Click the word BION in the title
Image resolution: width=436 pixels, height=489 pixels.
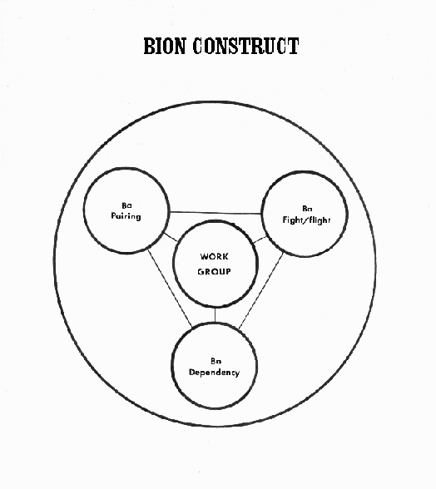click(x=165, y=46)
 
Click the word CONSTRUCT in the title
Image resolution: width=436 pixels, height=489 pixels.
click(x=245, y=46)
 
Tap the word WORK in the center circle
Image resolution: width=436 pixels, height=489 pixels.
click(x=214, y=257)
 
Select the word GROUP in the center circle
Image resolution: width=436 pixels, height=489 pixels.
click(x=214, y=272)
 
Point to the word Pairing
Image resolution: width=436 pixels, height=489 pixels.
click(x=126, y=216)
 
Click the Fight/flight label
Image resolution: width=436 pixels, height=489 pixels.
click(x=306, y=220)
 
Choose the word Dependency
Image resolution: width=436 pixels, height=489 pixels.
click(x=214, y=373)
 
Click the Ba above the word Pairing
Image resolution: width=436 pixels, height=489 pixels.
click(x=126, y=205)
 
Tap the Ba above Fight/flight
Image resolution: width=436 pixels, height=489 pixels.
click(x=307, y=208)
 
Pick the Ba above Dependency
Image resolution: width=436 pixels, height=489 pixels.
click(x=216, y=361)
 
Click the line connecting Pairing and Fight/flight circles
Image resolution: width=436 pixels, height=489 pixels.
click(x=216, y=213)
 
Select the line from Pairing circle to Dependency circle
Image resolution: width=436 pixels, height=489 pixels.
click(x=170, y=288)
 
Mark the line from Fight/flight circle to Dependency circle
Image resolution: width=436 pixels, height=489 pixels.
click(x=261, y=291)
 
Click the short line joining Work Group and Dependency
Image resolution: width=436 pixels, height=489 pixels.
click(x=215, y=315)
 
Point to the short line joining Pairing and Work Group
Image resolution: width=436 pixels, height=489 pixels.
click(x=171, y=237)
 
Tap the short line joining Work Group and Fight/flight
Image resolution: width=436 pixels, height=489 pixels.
click(x=260, y=240)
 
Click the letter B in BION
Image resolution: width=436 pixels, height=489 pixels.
click(x=150, y=46)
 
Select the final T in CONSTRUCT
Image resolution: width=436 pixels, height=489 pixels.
click(x=294, y=46)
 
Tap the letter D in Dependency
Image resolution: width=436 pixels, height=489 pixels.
click(x=192, y=372)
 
